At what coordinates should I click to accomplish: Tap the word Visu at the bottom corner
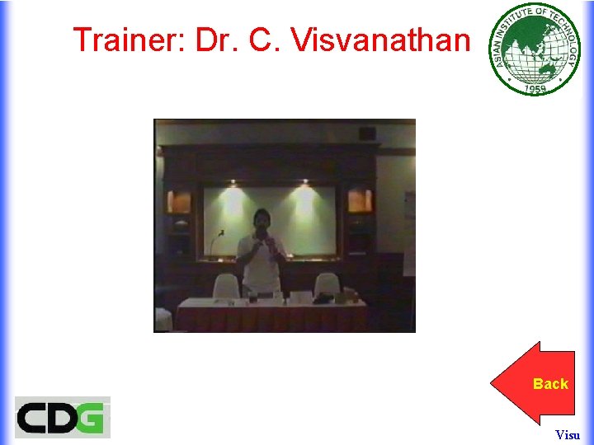click(568, 434)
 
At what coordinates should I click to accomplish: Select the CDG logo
click(62, 417)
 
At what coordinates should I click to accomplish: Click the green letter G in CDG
click(92, 417)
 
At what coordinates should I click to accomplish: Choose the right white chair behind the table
click(327, 283)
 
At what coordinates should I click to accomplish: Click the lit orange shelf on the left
click(180, 201)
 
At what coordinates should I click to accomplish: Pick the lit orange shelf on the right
click(359, 200)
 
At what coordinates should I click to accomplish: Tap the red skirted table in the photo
click(272, 315)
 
